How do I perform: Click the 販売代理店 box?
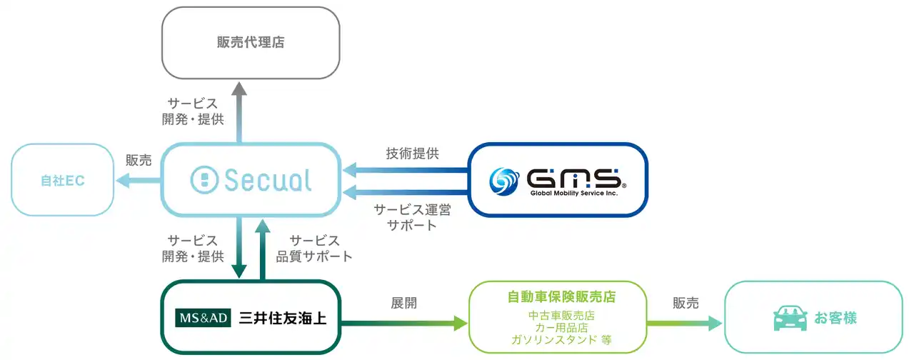pyautogui.click(x=250, y=42)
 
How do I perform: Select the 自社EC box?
pyautogui.click(x=62, y=180)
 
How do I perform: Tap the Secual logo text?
pyautogui.click(x=267, y=181)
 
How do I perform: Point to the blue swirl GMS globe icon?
pyautogui.click(x=504, y=180)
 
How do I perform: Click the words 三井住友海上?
pyautogui.click(x=282, y=318)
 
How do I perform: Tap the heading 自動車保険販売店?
pyautogui.click(x=561, y=296)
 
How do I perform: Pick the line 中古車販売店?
pyautogui.click(x=561, y=314)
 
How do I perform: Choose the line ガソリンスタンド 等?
pyautogui.click(x=561, y=340)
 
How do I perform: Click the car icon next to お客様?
pyautogui.click(x=789, y=318)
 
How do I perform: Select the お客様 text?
pyautogui.click(x=835, y=318)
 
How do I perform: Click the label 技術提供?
pyautogui.click(x=412, y=153)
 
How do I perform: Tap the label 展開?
pyautogui.click(x=403, y=303)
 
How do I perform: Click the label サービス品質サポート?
pyautogui.click(x=313, y=248)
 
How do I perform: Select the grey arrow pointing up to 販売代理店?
pyautogui.click(x=239, y=111)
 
